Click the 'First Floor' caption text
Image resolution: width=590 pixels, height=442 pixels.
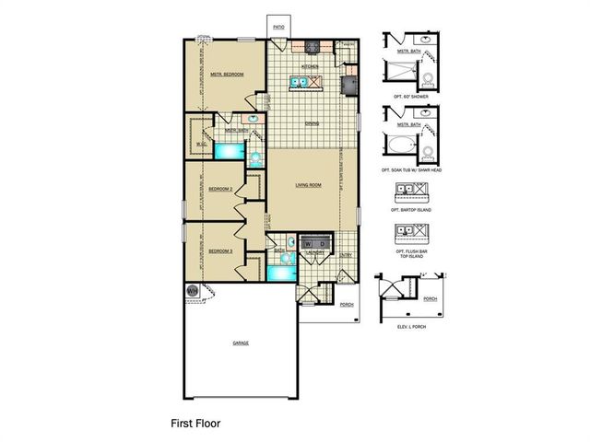coord(195,425)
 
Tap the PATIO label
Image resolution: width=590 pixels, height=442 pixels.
coord(277,28)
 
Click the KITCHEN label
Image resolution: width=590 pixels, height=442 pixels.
coord(310,67)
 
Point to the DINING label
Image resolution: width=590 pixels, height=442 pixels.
coord(313,123)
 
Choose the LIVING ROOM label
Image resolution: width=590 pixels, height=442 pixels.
coord(308,185)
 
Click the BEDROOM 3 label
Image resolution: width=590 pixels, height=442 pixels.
coord(219,250)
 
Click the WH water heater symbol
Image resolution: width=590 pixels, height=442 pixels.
coord(193,292)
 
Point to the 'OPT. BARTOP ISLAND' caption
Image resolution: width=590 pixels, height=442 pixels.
coord(412,211)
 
